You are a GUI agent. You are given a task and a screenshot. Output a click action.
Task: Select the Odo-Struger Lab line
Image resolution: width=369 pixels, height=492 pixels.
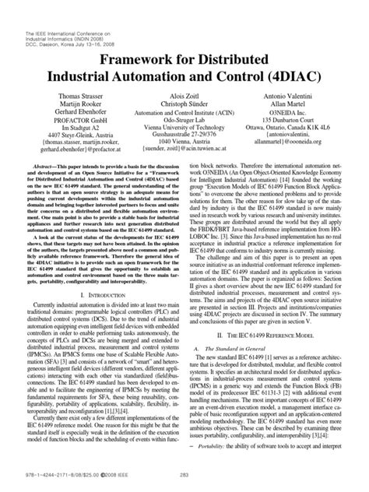click(184, 121)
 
